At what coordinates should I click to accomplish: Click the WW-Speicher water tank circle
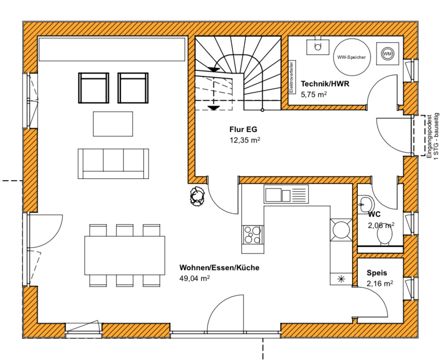coord(351,57)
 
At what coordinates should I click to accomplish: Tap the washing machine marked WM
coord(387,53)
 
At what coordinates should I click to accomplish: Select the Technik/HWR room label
coord(325,84)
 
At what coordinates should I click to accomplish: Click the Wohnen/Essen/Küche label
coord(219,267)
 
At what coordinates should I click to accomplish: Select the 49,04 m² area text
coord(194,278)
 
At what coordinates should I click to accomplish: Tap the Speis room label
coord(376,273)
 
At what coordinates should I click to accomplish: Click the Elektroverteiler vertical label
coord(291,77)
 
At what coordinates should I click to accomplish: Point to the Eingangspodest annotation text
coord(429,136)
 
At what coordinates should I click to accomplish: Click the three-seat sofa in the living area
coord(113,164)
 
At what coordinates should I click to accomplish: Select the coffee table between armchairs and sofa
coord(113,124)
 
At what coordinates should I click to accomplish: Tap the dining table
coord(125,255)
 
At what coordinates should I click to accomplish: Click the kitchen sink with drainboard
coord(286,194)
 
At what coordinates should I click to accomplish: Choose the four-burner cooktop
coord(252,235)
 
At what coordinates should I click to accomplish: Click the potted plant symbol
coord(197,196)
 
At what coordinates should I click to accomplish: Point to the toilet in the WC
coord(385,235)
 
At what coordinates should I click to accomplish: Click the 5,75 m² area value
coord(314,94)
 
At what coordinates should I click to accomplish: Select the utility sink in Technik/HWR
coord(318,47)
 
